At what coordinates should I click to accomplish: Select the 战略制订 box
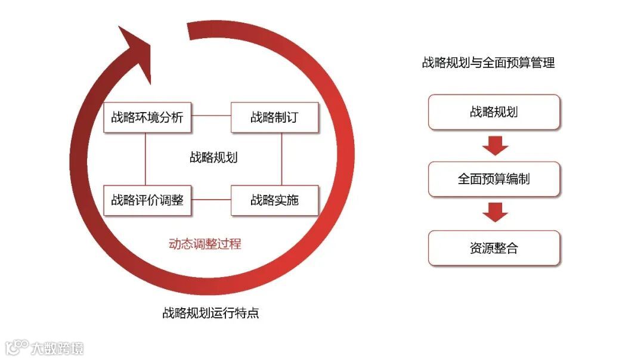tap(274, 117)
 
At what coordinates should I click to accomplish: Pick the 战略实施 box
tap(274, 200)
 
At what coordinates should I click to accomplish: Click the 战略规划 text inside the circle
tap(213, 157)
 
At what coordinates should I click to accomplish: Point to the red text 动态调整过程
tap(205, 244)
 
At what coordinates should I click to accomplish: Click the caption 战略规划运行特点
tap(210, 314)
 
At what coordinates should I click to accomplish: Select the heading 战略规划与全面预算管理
tap(488, 63)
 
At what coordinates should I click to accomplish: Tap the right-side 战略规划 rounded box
tap(494, 112)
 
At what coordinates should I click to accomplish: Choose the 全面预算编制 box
tap(494, 179)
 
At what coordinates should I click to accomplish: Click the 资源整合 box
tap(494, 248)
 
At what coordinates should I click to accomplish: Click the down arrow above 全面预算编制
tap(495, 145)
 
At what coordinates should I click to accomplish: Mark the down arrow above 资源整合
tap(495, 212)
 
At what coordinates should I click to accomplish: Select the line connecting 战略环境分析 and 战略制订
tap(211, 116)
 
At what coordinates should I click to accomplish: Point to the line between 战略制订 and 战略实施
tap(281, 159)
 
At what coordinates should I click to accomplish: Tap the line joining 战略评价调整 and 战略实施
tap(211, 200)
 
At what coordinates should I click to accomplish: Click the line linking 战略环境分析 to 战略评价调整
tap(145, 159)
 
